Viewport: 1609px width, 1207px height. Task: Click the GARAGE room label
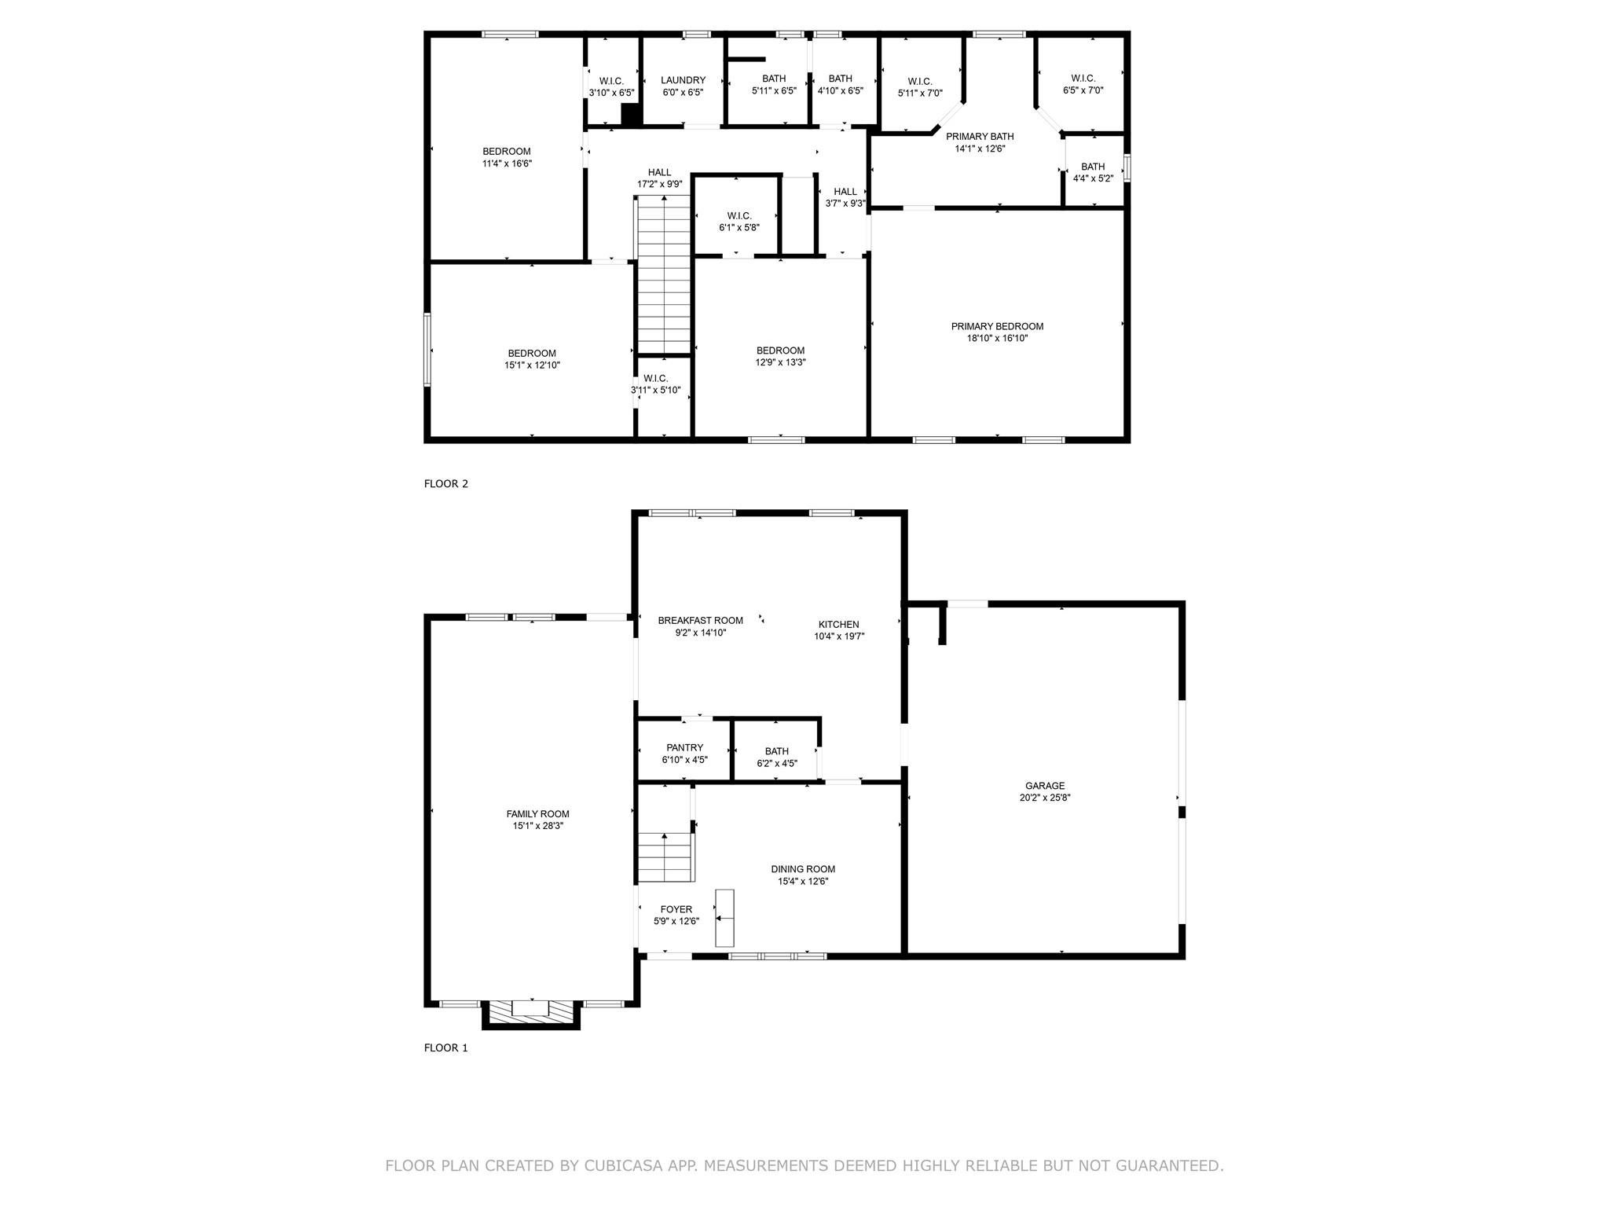1045,785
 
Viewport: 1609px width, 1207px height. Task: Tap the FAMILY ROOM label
537,814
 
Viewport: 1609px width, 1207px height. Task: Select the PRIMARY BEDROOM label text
997,326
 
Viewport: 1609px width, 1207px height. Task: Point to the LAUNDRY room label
683,80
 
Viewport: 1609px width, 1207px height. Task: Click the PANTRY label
684,747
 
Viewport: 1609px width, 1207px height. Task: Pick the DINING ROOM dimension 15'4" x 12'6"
803,881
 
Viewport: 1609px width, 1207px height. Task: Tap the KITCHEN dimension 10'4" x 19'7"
839,637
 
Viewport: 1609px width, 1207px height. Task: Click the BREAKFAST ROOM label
700,621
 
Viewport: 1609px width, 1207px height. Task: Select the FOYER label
676,909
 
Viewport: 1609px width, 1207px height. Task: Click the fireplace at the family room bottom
531,1013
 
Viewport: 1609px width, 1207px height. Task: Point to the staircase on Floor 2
664,275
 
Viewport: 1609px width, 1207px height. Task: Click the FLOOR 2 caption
446,483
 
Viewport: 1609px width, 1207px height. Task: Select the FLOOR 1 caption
446,1047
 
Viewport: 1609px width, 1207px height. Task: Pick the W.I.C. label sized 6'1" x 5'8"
739,215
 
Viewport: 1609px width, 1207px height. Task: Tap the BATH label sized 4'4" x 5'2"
1093,167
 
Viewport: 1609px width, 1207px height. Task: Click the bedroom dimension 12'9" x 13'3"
780,362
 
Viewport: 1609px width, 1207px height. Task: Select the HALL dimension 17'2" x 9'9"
659,185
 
